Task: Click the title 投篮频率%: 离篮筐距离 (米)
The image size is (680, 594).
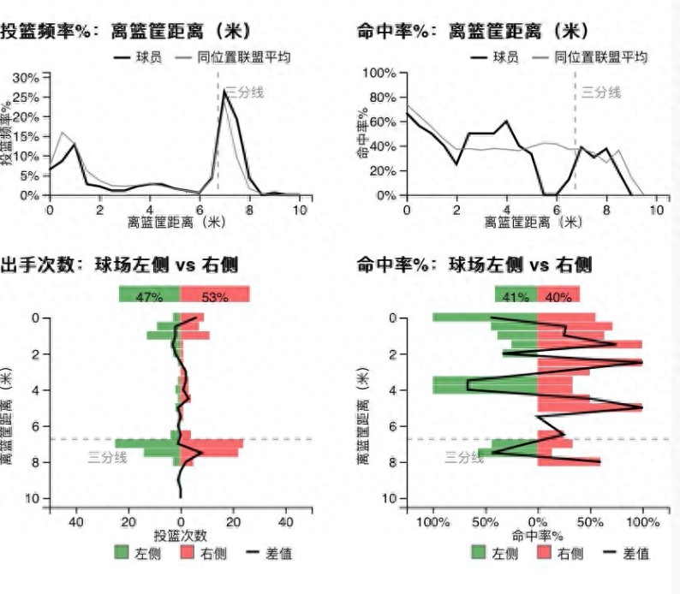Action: click(x=126, y=32)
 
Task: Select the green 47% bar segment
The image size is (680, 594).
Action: click(x=149, y=295)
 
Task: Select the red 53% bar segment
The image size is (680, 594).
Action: click(x=215, y=295)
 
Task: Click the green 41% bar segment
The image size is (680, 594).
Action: click(x=516, y=295)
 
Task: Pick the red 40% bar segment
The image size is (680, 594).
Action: click(x=558, y=295)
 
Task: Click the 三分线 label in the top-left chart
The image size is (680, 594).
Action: click(x=244, y=92)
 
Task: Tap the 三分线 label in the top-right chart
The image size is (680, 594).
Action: click(x=601, y=92)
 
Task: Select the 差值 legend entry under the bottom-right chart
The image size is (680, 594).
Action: click(x=630, y=553)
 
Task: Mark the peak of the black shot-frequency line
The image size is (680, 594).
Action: click(x=224, y=92)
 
